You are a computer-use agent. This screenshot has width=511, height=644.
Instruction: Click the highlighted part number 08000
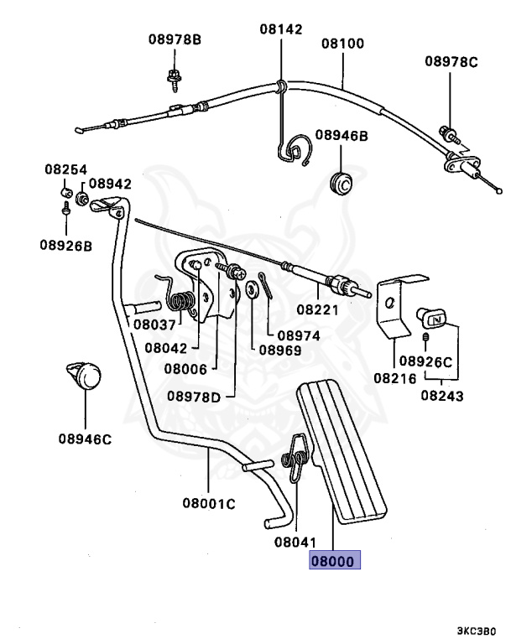(x=335, y=561)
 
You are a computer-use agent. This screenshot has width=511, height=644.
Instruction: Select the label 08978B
(x=175, y=39)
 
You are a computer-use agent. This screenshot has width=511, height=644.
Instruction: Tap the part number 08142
(x=280, y=29)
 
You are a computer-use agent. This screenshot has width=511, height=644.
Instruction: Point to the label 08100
(x=343, y=43)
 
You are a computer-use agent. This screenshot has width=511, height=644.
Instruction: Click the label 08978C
(x=451, y=61)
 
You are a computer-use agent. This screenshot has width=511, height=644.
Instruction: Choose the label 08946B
(x=342, y=134)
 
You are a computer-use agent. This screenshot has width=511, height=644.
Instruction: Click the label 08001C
(x=209, y=504)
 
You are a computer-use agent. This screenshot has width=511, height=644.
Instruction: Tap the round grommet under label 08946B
(x=341, y=180)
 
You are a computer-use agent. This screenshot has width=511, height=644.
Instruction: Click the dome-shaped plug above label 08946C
(x=84, y=374)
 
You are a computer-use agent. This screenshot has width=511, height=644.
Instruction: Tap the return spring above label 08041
(x=295, y=458)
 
